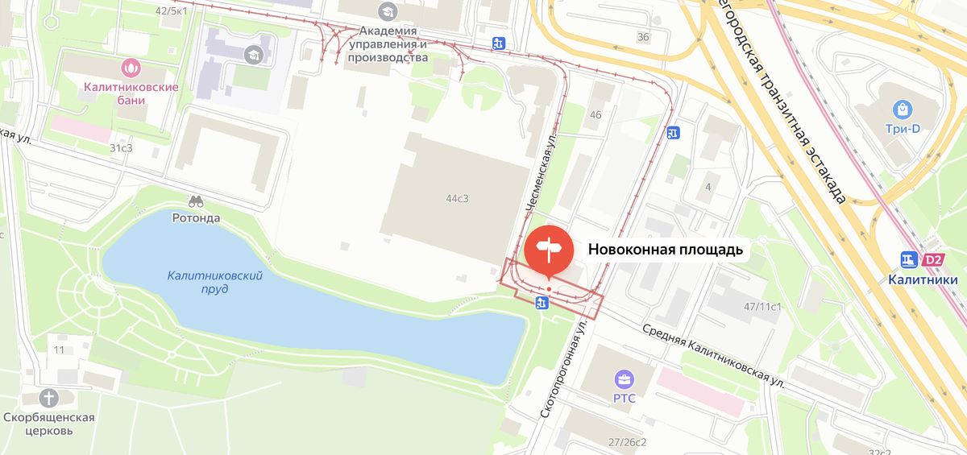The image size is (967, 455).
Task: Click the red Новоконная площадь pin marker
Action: click(x=549, y=250)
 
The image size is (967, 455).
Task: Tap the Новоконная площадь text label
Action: click(x=665, y=250)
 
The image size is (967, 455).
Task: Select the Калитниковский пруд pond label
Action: click(x=215, y=282)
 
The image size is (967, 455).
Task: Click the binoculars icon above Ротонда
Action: click(x=196, y=201)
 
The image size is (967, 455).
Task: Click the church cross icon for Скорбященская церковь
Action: click(x=49, y=398)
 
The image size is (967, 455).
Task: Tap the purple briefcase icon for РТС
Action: click(x=624, y=378)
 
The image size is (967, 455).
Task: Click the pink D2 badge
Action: click(x=933, y=260)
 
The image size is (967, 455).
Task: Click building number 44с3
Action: click(x=457, y=198)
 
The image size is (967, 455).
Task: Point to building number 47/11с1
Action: click(x=763, y=306)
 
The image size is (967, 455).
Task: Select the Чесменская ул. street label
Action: click(x=541, y=174)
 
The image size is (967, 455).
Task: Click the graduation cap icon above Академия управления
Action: click(x=388, y=11)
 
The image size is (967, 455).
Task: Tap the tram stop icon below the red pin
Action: click(x=542, y=303)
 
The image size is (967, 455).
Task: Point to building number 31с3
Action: click(x=121, y=148)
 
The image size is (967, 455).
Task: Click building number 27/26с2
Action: click(x=628, y=441)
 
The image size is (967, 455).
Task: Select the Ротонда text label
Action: click(x=196, y=217)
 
